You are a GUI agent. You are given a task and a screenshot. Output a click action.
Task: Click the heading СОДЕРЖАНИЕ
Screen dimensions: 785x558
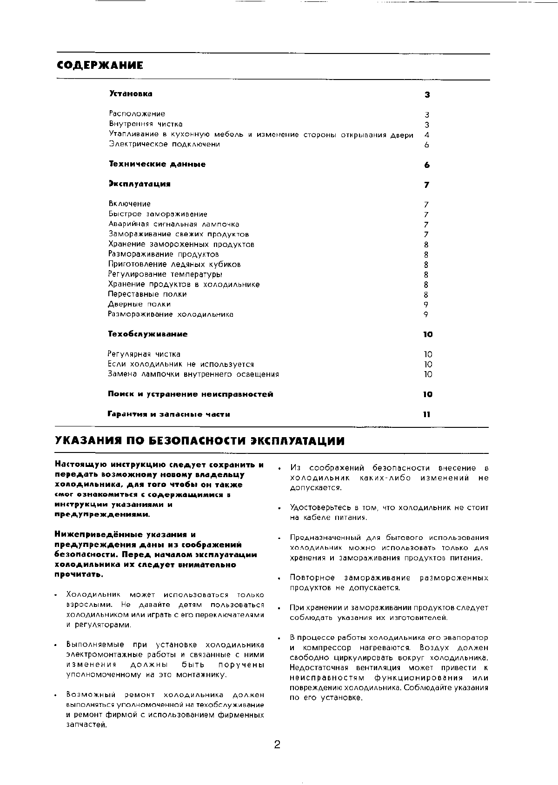pyautogui.click(x=100, y=66)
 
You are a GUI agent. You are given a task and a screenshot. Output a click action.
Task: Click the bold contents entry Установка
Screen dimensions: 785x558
pyautogui.click(x=131, y=94)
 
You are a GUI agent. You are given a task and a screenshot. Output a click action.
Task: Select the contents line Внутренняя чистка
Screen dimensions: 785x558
pyautogui.click(x=146, y=124)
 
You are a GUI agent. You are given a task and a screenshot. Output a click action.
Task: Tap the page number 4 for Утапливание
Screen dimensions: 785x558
pyautogui.click(x=427, y=135)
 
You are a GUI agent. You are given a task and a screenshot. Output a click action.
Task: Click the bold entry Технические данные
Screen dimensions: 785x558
pyautogui.click(x=157, y=164)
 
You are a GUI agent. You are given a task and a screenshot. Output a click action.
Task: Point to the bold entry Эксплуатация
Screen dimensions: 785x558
pyautogui.click(x=139, y=184)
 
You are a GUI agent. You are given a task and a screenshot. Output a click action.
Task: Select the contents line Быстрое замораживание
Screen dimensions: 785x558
pyautogui.click(x=158, y=214)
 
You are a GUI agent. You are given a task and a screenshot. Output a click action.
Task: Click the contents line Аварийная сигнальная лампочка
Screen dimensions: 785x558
pyautogui.click(x=174, y=224)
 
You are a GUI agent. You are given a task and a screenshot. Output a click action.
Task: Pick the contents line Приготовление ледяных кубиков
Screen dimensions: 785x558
pyautogui.click(x=174, y=264)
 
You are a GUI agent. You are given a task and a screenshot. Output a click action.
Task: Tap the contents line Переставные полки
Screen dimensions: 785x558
pyautogui.click(x=147, y=294)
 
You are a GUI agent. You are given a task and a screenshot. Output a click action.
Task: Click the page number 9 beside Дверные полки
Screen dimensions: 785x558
pyautogui.click(x=426, y=305)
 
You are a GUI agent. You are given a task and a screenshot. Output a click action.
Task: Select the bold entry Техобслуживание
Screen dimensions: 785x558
pyautogui.click(x=148, y=334)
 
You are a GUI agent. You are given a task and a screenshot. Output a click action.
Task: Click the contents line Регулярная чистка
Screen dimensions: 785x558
pyautogui.click(x=144, y=354)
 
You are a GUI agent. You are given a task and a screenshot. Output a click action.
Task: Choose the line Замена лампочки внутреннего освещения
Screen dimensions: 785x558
pyautogui.click(x=193, y=374)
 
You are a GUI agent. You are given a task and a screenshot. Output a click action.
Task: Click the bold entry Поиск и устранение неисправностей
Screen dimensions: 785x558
pyautogui.click(x=190, y=394)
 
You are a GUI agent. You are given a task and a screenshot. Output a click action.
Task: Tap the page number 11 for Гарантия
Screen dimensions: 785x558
pyautogui.click(x=427, y=414)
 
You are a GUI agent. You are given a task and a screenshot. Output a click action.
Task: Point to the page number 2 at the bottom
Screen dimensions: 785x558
pyautogui.click(x=277, y=745)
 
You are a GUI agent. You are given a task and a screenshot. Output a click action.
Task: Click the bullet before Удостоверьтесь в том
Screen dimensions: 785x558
pyautogui.click(x=279, y=509)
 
